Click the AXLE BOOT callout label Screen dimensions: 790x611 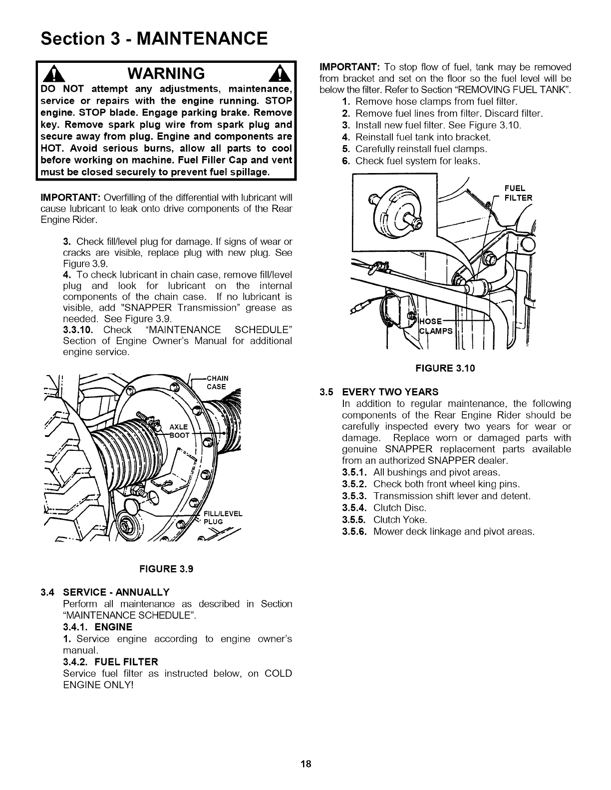coord(179,430)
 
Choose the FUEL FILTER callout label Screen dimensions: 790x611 coord(515,193)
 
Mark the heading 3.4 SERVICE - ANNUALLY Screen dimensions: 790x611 coord(105,592)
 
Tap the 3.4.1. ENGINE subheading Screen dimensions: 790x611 coord(97,627)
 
